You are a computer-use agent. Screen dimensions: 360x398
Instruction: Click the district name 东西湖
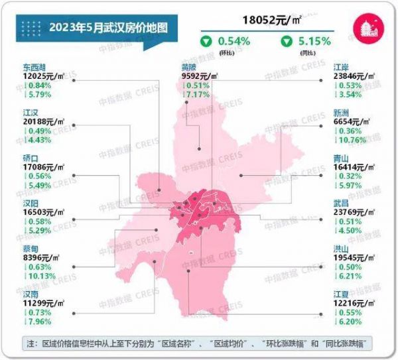pyautogui.click(x=36, y=67)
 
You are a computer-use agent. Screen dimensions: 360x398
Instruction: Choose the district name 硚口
pyautogui.click(x=31, y=159)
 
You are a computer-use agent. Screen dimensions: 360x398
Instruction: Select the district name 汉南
pyautogui.click(x=31, y=294)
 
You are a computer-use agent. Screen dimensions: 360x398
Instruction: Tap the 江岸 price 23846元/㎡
pyautogui.click(x=358, y=76)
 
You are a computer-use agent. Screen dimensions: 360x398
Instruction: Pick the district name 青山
pyautogui.click(x=343, y=159)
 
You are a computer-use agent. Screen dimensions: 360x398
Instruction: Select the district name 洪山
pyautogui.click(x=343, y=248)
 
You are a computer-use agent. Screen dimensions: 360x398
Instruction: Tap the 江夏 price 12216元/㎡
pyautogui.click(x=358, y=303)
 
